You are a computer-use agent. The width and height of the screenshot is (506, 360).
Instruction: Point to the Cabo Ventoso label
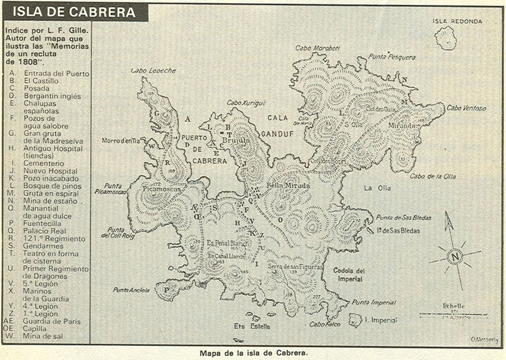tap(466, 108)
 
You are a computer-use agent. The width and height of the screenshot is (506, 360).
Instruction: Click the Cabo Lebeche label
tap(152, 71)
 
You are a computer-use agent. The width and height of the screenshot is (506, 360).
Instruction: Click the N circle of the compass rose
tap(454, 257)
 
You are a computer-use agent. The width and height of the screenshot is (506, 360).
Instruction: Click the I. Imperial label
tap(380, 320)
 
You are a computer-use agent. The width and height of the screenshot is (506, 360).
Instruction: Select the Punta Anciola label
tap(130, 290)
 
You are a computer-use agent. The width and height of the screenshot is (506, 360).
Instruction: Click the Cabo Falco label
tap(323, 325)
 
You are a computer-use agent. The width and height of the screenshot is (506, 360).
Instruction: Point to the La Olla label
tap(376, 188)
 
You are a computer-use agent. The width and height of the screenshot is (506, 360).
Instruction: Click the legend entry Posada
tap(37, 88)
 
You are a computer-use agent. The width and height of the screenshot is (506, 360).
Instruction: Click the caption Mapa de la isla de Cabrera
tap(252, 352)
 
